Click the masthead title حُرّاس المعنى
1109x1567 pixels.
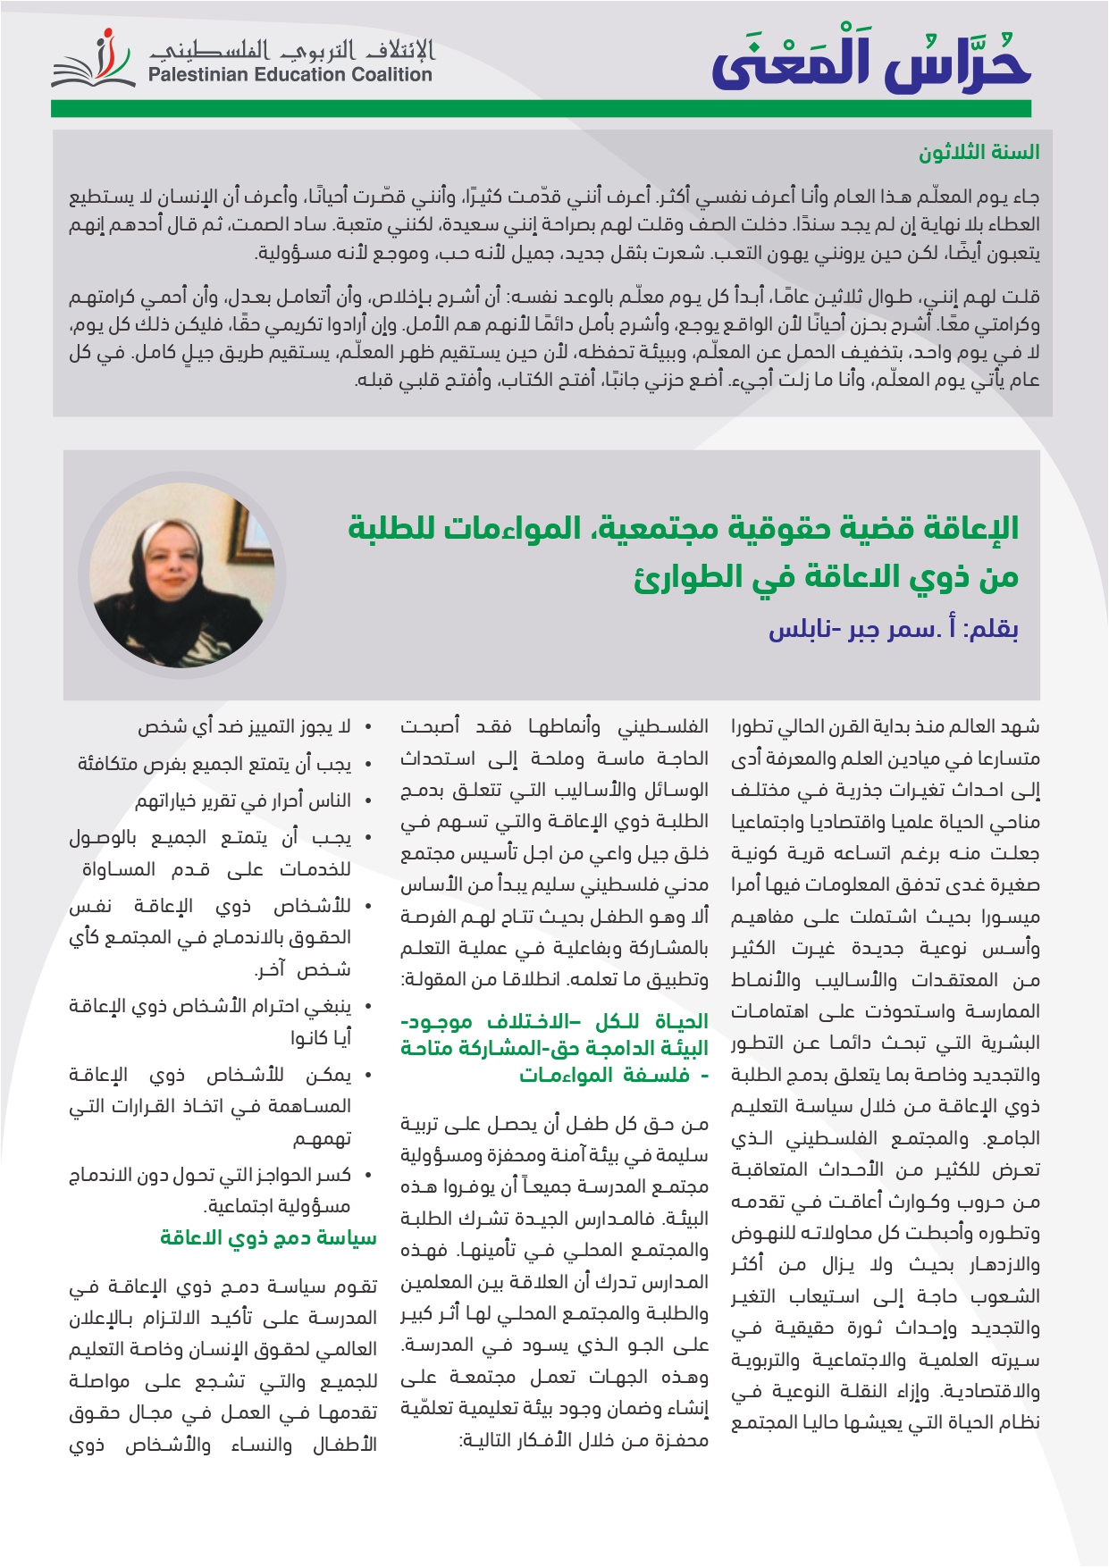coord(871,63)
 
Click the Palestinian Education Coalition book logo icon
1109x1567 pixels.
coord(94,63)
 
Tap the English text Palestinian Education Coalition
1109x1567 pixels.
coord(290,75)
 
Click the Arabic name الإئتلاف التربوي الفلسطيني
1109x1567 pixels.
coord(291,49)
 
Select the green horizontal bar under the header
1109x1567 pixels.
coord(541,109)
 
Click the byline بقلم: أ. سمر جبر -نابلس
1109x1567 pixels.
coord(893,629)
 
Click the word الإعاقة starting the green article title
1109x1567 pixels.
coord(971,528)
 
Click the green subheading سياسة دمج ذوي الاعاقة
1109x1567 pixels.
coord(268,1238)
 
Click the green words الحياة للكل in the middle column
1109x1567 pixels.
coord(664,1021)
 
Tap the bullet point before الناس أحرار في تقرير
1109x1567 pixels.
coord(368,802)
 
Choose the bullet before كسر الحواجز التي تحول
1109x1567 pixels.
coord(368,1177)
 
